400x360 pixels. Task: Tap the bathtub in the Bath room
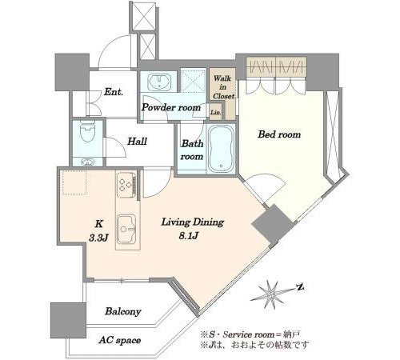tap(221, 149)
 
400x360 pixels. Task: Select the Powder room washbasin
tap(159, 82)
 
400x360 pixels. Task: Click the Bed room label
tap(279, 134)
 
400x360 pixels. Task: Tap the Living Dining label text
tap(193, 222)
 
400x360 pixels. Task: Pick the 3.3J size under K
tap(98, 238)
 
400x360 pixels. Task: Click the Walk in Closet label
tap(223, 87)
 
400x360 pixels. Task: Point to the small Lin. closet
tap(216, 112)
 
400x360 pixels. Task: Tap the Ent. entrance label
tap(114, 92)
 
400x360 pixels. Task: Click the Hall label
tap(137, 141)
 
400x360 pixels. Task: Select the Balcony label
tap(123, 311)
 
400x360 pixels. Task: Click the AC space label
tap(119, 340)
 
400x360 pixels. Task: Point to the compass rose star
tap(270, 294)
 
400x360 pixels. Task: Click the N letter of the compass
tap(301, 287)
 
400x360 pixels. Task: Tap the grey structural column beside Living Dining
tap(272, 225)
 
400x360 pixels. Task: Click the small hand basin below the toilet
tap(87, 162)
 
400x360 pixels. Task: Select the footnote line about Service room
tap(251, 334)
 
